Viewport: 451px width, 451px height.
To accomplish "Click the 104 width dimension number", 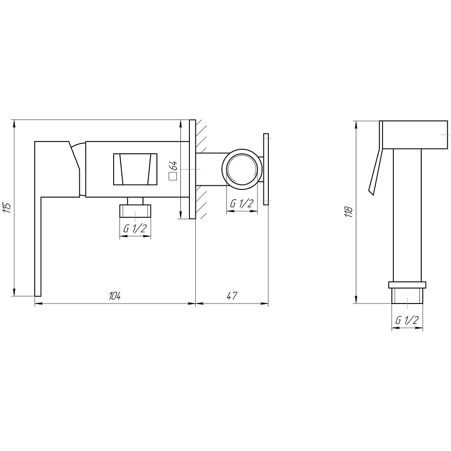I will click(115, 296).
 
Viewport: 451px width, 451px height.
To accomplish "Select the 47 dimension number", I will click(231, 296).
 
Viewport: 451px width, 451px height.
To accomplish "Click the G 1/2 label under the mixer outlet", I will click(134, 229).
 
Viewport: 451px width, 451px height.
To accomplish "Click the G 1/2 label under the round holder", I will click(241, 203).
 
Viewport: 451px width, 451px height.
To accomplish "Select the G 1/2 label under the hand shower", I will click(407, 321).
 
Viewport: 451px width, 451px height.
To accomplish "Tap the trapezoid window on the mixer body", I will click(135, 169).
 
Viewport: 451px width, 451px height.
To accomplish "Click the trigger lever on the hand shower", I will click(375, 171).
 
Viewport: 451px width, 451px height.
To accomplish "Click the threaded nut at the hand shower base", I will click(407, 293).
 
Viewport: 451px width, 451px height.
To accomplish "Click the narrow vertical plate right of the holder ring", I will click(266, 169).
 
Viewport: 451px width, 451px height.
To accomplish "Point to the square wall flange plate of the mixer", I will click(192, 169).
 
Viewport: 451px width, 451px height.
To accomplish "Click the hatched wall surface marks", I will click(201, 169).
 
